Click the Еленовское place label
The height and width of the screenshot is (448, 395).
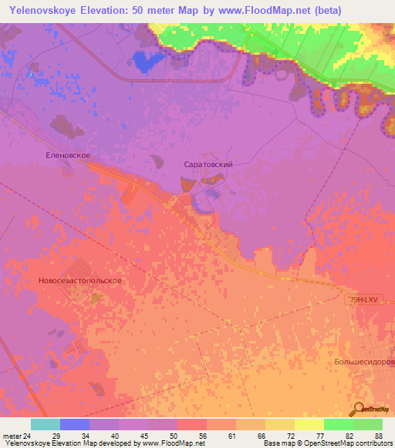tap(69, 155)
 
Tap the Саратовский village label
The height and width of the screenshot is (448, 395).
tap(208, 165)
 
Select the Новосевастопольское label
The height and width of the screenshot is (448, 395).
tap(80, 281)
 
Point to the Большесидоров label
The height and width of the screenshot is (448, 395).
tap(364, 361)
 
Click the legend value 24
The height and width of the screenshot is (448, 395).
tap(29, 436)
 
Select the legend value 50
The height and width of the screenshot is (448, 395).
tap(177, 436)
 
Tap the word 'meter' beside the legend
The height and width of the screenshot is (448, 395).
tap(11, 436)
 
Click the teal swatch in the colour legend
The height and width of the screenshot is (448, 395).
tap(46, 424)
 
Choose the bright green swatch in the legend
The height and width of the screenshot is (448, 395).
tap(338, 424)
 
